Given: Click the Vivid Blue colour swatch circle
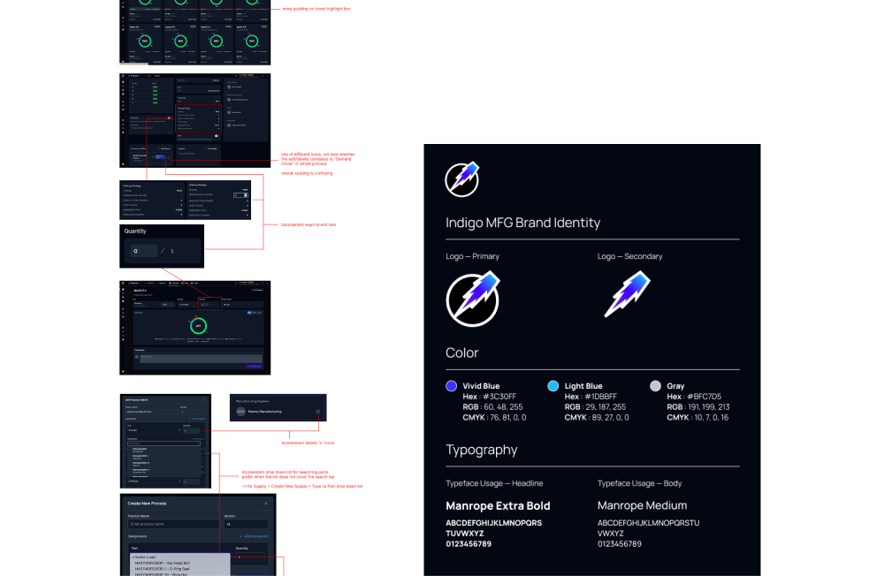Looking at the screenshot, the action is point(452,386).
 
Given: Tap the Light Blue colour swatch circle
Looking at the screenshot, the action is point(553,386).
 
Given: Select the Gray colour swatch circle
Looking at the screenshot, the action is point(655,386).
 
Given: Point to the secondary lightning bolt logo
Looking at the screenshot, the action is point(627,295).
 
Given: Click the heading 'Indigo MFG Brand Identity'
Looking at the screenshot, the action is point(522,223).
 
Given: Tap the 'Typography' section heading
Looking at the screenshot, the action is point(481,450).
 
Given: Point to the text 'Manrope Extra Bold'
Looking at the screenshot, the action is point(498,506).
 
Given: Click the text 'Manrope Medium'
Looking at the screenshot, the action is point(642,506).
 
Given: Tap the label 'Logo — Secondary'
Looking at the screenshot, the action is point(629,256).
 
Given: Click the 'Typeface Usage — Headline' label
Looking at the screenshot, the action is point(494,483).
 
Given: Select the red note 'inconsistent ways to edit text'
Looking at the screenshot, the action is point(308,224).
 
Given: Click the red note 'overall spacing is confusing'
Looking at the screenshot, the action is point(307,173).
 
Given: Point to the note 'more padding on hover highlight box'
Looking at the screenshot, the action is point(316,8).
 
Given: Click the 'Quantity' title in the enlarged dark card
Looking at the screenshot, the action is point(135,231).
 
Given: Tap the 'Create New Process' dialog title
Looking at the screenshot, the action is point(147,504).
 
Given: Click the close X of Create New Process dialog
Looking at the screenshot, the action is point(266,504).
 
